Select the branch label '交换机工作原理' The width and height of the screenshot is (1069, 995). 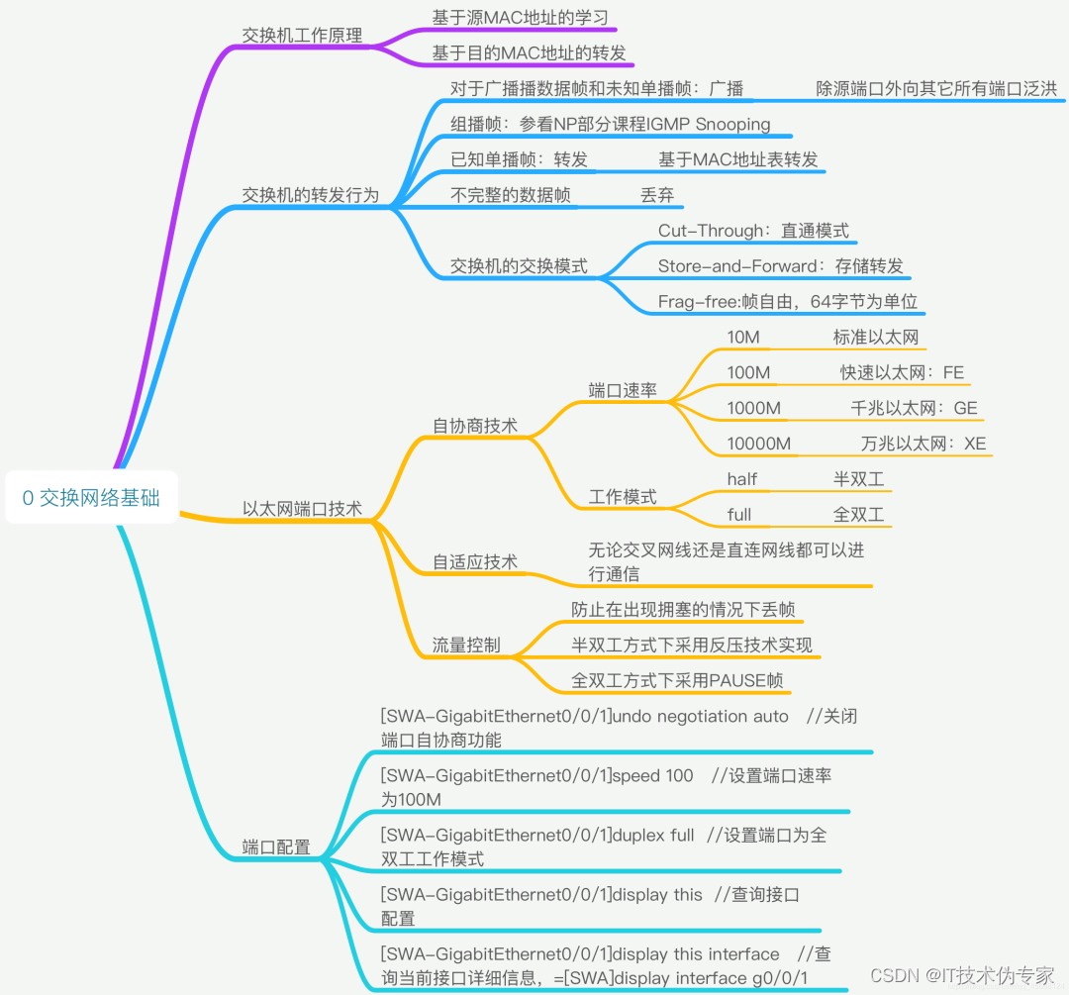point(302,35)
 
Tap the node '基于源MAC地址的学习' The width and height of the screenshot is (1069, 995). point(519,17)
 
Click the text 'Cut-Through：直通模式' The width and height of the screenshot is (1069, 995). point(753,231)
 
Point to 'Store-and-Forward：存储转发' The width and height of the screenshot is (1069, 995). point(780,266)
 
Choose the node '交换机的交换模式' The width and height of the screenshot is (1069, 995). point(519,266)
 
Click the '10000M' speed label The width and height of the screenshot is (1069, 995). point(759,444)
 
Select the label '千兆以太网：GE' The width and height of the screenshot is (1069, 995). point(914,408)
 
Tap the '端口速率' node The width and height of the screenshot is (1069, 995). point(623,390)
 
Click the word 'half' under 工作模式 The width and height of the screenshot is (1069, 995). point(742,479)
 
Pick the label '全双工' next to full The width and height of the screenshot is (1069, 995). point(858,515)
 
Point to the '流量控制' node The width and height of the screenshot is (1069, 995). point(466,646)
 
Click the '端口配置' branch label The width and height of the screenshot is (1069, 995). point(276,847)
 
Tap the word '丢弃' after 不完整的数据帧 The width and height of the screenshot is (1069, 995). point(657,195)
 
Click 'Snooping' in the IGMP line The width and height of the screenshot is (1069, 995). point(732,124)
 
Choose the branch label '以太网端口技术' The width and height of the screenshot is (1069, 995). point(302,509)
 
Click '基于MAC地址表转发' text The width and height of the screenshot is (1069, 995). point(738,159)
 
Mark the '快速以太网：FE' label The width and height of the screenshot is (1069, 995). point(902,372)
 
